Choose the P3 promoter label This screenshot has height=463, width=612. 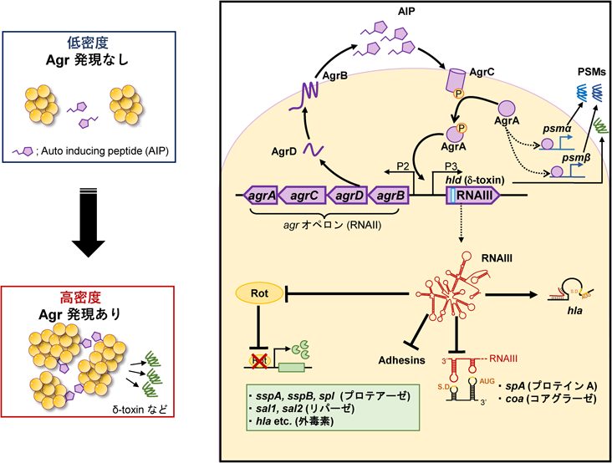(x=451, y=166)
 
